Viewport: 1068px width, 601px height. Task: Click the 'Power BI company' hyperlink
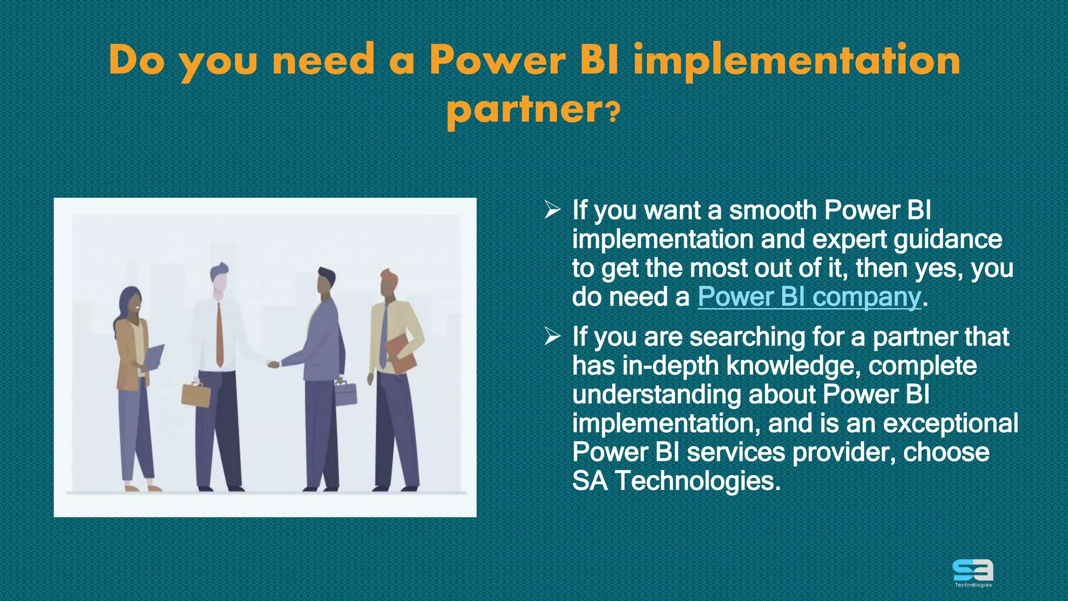point(809,297)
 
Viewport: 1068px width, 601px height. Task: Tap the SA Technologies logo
point(973,572)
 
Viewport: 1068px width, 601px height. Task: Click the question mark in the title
point(614,111)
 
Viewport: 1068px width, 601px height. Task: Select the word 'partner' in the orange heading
point(525,110)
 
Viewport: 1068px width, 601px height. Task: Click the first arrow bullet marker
point(552,210)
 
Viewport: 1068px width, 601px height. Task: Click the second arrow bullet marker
point(552,337)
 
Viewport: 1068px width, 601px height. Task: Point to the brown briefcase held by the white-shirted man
point(196,395)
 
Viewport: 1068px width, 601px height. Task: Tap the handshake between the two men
point(273,364)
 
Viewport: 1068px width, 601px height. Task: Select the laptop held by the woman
point(153,357)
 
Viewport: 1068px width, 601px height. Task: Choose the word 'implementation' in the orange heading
point(796,61)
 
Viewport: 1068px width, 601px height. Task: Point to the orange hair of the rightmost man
point(389,275)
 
